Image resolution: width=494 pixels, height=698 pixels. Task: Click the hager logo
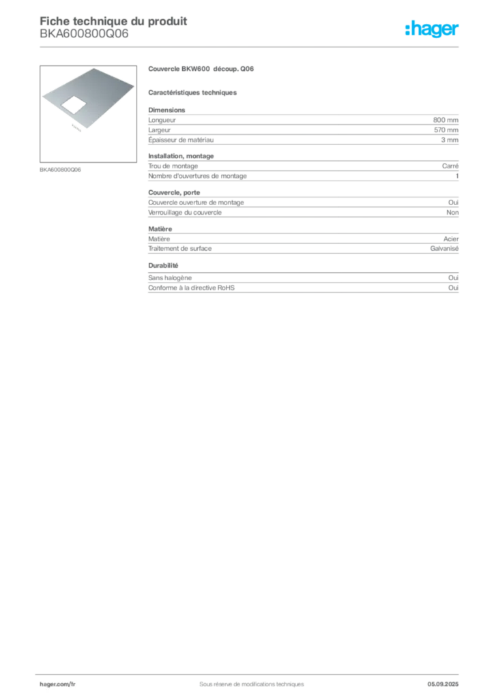coord(432,29)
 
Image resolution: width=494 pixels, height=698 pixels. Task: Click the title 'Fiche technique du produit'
coord(113,21)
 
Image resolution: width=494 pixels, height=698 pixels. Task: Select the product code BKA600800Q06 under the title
coord(84,33)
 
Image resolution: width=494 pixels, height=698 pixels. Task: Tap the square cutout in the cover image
coord(74,105)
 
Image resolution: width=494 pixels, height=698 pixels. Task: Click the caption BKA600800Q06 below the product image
coord(60,170)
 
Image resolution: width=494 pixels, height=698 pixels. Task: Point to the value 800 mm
coord(446,120)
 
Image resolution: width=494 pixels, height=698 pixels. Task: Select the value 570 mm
coord(446,130)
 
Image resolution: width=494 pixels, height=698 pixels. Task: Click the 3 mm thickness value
coord(450,140)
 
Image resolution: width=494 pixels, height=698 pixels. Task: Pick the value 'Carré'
coord(450,166)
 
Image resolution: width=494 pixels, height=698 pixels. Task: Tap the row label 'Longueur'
coord(162,120)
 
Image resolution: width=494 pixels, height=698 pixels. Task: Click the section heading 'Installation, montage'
coord(181,156)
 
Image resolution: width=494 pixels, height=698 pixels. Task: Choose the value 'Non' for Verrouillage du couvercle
coord(452,213)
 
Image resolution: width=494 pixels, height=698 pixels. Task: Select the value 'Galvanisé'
coord(444,248)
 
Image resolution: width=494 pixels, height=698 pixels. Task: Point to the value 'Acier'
coord(451,239)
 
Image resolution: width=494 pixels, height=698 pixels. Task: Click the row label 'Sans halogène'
coord(170,278)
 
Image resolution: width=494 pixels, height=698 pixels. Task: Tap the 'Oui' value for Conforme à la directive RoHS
coord(453,288)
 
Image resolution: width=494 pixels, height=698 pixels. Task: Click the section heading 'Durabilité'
coord(163,265)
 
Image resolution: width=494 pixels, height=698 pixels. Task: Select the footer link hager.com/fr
coord(57,684)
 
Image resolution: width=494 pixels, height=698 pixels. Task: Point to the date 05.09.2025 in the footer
coord(443,684)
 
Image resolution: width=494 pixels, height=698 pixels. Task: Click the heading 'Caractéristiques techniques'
coord(192,93)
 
